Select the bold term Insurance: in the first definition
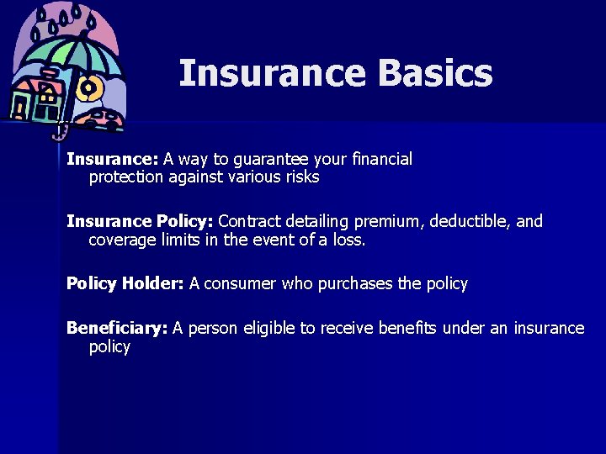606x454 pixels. (113, 159)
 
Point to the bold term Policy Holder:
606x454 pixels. (125, 283)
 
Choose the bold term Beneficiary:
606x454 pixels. (117, 328)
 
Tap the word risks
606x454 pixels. (301, 177)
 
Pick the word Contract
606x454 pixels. (250, 221)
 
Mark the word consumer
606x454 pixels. (239, 284)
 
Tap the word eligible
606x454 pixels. (274, 328)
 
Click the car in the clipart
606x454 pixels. (103, 118)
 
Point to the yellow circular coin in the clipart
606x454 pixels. (88, 87)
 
